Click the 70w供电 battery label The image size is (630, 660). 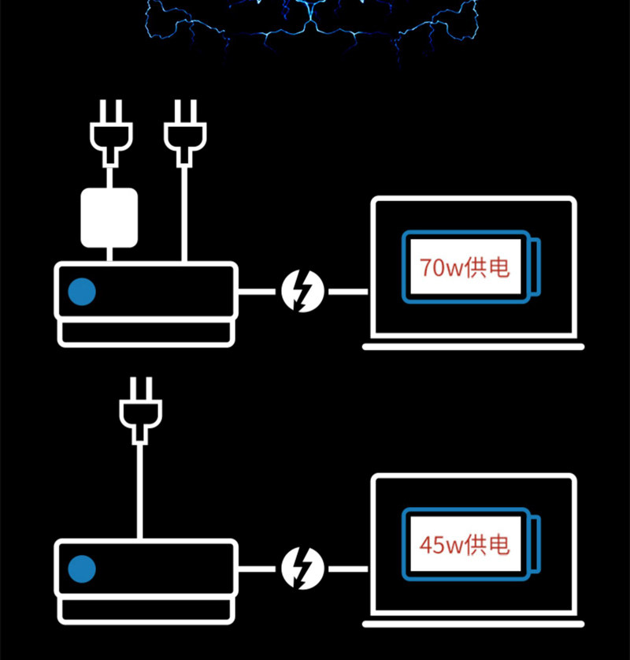coord(465,267)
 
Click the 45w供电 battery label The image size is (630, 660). coord(465,545)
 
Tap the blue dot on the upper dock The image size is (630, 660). coord(82,291)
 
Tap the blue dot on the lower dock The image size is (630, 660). coord(82,569)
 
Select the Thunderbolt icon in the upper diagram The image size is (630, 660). coord(302,291)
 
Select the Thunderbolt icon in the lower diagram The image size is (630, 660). coord(302,569)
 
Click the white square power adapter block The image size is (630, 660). coord(109,218)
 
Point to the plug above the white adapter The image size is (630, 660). coord(111,132)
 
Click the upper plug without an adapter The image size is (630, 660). coord(185,132)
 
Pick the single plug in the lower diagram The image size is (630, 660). coord(140,410)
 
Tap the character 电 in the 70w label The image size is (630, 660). coord(500,267)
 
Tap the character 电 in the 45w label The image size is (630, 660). coord(500,545)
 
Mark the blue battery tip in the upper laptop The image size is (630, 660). coord(535,267)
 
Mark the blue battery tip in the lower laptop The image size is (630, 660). coord(535,544)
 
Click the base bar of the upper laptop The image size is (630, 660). coord(473,346)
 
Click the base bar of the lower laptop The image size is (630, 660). coord(473,624)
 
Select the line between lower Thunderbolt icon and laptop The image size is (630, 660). coord(348,569)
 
